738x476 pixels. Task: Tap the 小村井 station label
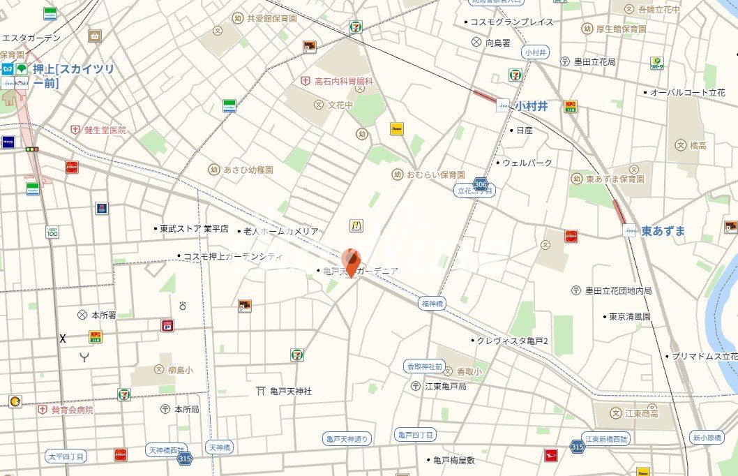click(532, 106)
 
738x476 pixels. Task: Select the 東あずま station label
click(663, 230)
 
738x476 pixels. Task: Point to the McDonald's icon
click(356, 225)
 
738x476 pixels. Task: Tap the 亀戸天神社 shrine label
click(292, 392)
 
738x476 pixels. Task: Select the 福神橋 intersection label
click(432, 303)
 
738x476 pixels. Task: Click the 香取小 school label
click(468, 372)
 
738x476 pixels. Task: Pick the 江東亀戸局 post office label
click(445, 386)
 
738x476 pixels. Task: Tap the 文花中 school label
click(341, 105)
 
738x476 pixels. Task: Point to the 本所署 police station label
click(103, 315)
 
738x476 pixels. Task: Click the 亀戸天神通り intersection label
click(348, 439)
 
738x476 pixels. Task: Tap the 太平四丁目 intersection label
click(67, 456)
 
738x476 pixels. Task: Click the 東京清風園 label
click(629, 316)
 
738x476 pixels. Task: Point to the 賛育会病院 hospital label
click(72, 410)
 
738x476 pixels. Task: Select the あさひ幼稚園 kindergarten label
click(248, 170)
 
